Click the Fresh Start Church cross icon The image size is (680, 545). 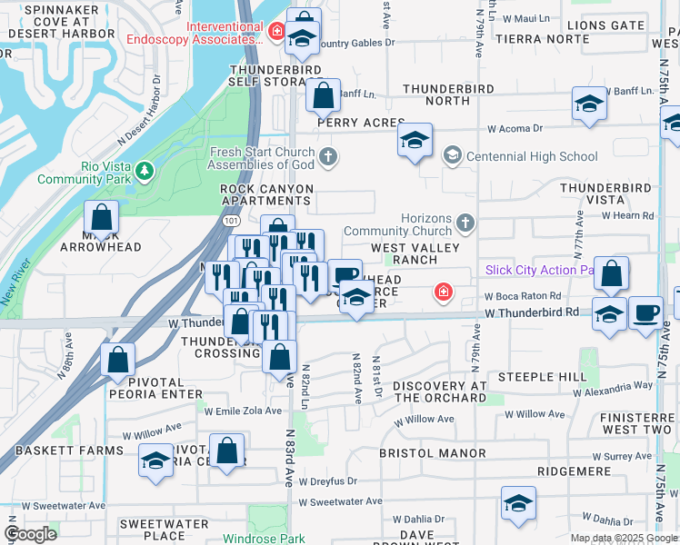pyautogui.click(x=327, y=157)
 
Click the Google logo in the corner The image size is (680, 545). pyautogui.click(x=30, y=534)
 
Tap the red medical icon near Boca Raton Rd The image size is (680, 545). pyautogui.click(x=443, y=292)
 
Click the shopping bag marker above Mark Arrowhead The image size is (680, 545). pyautogui.click(x=102, y=218)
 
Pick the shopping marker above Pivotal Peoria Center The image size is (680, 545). pyautogui.click(x=227, y=451)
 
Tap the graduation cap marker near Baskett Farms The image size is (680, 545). pyautogui.click(x=155, y=461)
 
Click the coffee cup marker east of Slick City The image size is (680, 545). pyautogui.click(x=645, y=312)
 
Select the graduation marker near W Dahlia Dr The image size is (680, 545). pyautogui.click(x=518, y=503)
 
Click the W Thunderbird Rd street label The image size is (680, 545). pyautogui.click(x=532, y=312)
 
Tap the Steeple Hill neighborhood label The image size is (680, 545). pyautogui.click(x=536, y=376)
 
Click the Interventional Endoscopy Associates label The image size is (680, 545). pyautogui.click(x=227, y=33)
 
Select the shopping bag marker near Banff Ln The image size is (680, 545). pyautogui.click(x=322, y=94)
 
